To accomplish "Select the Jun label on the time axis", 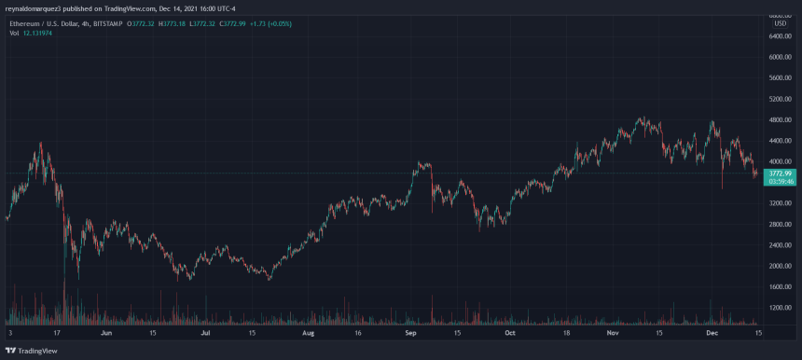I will [105, 331].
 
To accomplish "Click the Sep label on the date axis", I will [409, 331].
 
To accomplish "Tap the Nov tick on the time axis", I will [612, 331].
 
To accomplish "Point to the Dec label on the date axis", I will [711, 331].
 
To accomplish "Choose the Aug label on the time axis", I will [309, 331].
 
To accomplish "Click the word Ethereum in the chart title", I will [23, 21].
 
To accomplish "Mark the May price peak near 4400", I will [41, 144].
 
